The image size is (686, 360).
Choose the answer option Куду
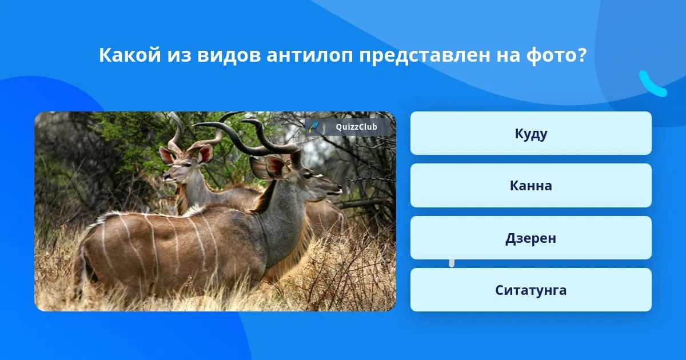pyautogui.click(x=531, y=133)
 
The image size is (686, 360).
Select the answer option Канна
pyautogui.click(x=531, y=186)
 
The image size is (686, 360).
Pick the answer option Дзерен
pyautogui.click(x=531, y=238)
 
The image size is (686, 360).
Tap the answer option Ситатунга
pyautogui.click(x=531, y=290)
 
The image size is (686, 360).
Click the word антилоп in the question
pyautogui.click(x=310, y=55)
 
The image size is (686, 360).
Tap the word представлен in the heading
pyautogui.click(x=424, y=56)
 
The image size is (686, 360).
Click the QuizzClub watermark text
pyautogui.click(x=356, y=127)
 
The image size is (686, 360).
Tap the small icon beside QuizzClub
pyautogui.click(x=313, y=127)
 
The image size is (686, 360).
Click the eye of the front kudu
pyautogui.click(x=308, y=175)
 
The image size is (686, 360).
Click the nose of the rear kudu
pyautogui.click(x=166, y=177)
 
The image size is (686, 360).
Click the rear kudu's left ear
pyautogui.click(x=167, y=156)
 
